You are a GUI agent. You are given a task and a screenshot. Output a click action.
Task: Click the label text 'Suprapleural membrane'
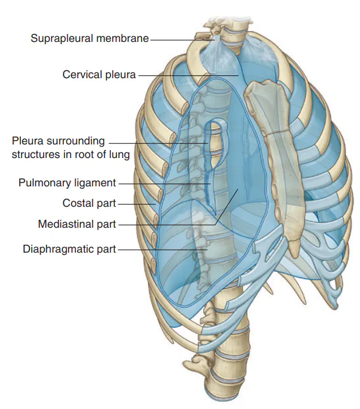(89, 39)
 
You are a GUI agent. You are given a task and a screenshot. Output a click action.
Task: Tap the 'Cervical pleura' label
(99, 75)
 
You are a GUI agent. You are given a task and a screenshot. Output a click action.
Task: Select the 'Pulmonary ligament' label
(67, 182)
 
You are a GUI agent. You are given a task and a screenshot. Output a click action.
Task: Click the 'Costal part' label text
(89, 203)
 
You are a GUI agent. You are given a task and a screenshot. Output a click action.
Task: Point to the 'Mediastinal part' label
(77, 224)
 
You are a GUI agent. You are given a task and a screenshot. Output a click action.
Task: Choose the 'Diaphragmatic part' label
(70, 249)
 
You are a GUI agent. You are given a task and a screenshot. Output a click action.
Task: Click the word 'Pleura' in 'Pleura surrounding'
(27, 141)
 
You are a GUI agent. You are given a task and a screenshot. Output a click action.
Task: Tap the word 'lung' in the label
(120, 155)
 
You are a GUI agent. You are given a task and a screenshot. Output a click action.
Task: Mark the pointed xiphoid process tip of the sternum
(295, 257)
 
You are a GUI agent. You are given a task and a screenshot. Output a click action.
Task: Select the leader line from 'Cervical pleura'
(188, 76)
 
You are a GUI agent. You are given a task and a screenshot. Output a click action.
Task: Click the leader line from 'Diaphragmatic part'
(162, 250)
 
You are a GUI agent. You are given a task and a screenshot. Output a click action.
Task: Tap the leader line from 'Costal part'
(137, 204)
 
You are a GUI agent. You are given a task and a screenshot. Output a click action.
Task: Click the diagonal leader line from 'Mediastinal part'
(227, 207)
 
